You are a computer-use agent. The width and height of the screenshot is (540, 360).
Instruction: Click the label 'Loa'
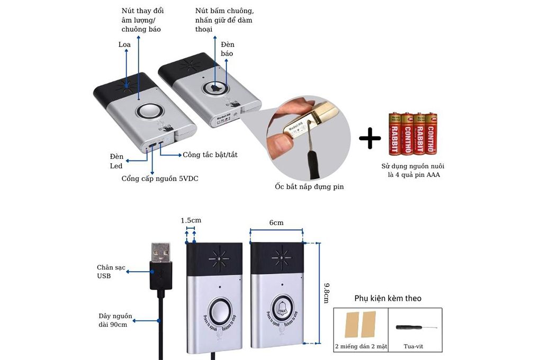[x=124, y=44]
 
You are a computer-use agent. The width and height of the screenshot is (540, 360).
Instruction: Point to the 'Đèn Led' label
[x=116, y=161]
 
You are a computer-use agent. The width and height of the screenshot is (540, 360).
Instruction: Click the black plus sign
[x=370, y=139]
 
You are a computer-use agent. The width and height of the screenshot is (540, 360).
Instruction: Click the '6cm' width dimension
[x=276, y=223]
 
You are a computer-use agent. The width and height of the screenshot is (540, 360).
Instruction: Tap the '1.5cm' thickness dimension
[x=191, y=220]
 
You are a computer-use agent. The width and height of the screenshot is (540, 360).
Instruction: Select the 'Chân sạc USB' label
[x=111, y=272]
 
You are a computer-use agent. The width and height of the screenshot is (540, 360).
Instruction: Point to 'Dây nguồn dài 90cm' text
[x=112, y=320]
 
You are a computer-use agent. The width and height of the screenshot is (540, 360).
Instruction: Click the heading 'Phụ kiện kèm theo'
[x=388, y=299]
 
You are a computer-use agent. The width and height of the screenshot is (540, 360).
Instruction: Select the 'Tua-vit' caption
[x=413, y=347]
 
